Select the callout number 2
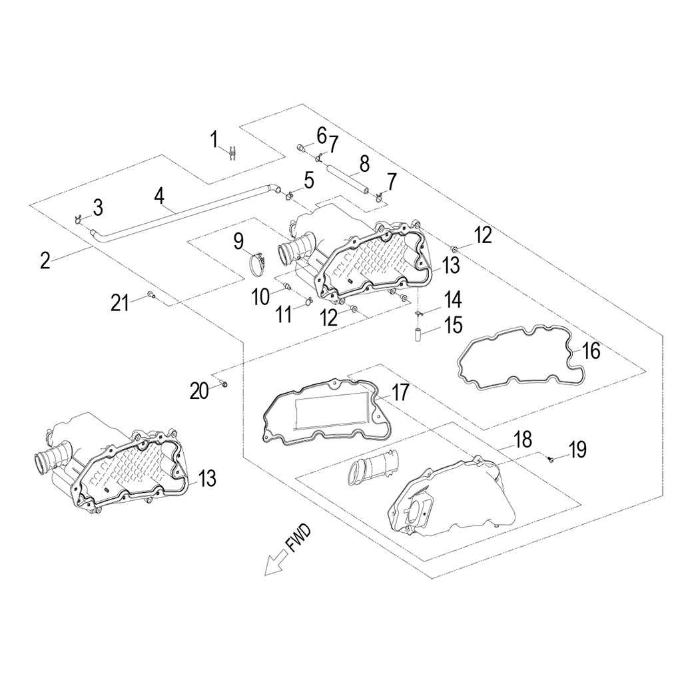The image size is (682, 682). pos(45,260)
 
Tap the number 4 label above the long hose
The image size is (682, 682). pos(159,195)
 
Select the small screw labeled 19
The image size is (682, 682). pos(551,458)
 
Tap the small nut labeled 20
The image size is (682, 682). pos(225,384)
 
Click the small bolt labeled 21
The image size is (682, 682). pos(151,296)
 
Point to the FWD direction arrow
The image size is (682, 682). pos(275,563)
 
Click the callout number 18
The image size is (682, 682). pos(523,439)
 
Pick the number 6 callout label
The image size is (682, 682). pos(321,135)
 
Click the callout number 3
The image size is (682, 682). pos(97,207)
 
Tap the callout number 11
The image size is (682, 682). pos(284,314)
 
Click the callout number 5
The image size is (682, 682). pos(308,178)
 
